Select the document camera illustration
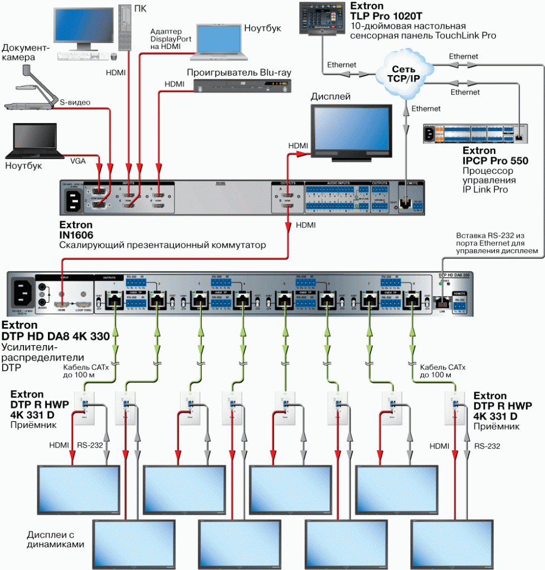[x=28, y=89]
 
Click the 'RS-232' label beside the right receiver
[x=488, y=446]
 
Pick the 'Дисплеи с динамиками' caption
[x=56, y=539]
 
